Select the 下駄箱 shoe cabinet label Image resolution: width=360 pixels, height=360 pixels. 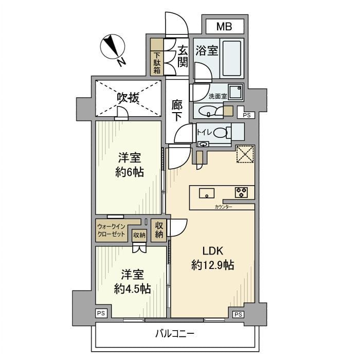click(x=157, y=63)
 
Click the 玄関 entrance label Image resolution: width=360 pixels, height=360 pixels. click(x=183, y=56)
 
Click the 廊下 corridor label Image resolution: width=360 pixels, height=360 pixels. click(x=177, y=110)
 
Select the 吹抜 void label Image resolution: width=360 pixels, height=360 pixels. click(x=128, y=98)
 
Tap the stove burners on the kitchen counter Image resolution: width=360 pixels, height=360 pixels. click(x=241, y=193)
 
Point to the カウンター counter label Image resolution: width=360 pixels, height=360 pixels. click(x=223, y=207)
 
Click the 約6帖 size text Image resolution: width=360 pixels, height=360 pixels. click(x=129, y=173)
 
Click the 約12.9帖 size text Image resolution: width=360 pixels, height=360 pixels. click(x=212, y=265)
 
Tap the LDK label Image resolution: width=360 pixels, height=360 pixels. click(x=212, y=251)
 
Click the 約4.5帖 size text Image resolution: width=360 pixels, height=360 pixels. click(x=132, y=289)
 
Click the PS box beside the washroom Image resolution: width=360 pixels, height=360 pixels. click(x=247, y=115)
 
